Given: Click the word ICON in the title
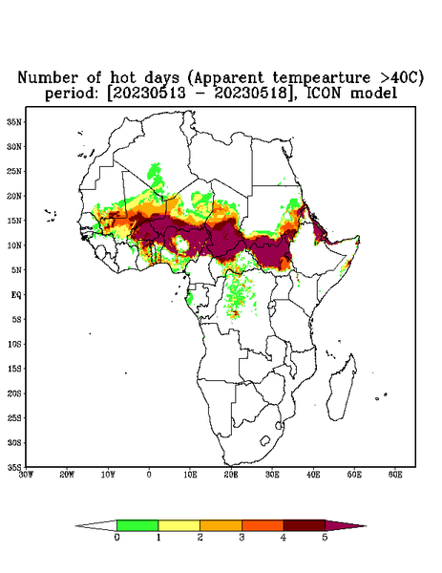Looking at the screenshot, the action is pyautogui.click(x=324, y=94).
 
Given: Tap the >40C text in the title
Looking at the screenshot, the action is pyautogui.click(x=396, y=77).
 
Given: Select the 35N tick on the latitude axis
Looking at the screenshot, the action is pyautogui.click(x=14, y=121).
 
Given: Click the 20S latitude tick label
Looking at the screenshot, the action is pyautogui.click(x=14, y=393).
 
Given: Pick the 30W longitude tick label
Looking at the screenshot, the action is pyautogui.click(x=26, y=475).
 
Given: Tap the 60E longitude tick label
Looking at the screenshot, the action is pyautogui.click(x=395, y=475).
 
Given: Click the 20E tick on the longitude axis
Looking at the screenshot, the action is pyautogui.click(x=231, y=475).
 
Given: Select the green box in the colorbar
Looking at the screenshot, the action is pyautogui.click(x=137, y=525).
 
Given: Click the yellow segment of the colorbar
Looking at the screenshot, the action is pyautogui.click(x=179, y=525).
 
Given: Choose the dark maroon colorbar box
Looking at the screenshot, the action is pyautogui.click(x=305, y=525).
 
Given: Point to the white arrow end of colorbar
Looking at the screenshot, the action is pyautogui.click(x=76, y=526).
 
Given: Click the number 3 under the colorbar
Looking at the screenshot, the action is pyautogui.click(x=242, y=538).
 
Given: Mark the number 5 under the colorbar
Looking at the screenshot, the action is pyautogui.click(x=325, y=538).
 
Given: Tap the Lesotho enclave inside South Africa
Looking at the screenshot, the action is pyautogui.click(x=264, y=440).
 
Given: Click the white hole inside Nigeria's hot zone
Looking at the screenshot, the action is pyautogui.click(x=180, y=244).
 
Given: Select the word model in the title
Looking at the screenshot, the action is pyautogui.click(x=373, y=94).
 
